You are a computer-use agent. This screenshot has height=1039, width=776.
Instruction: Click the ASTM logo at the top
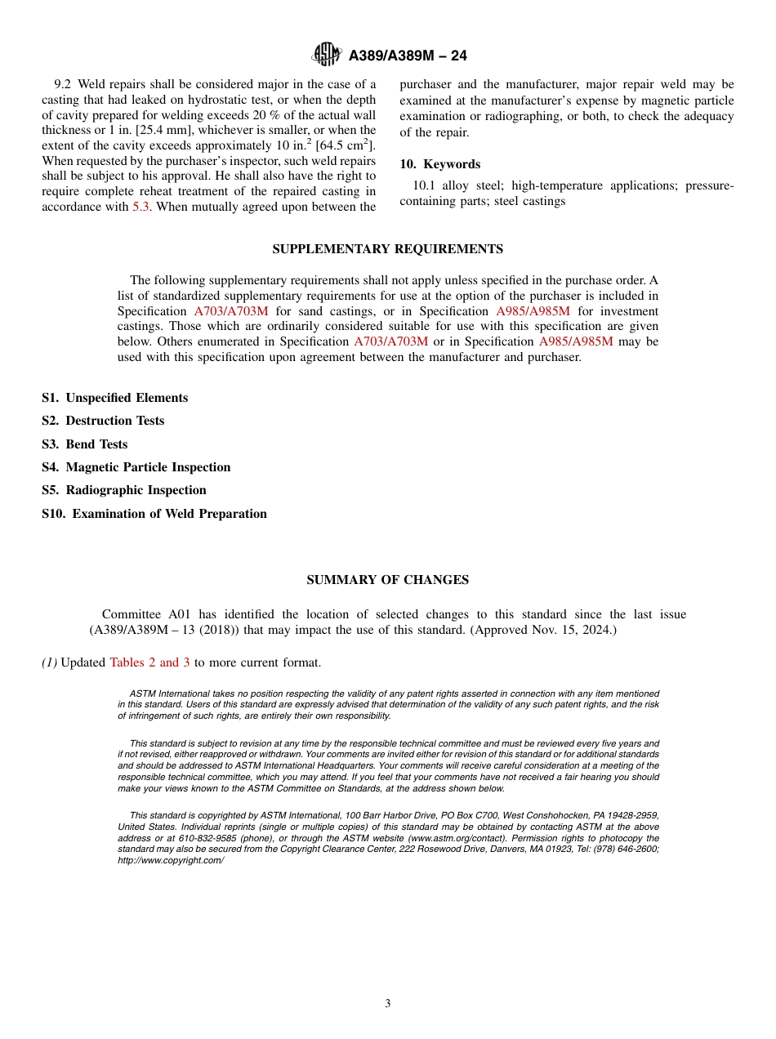click(326, 55)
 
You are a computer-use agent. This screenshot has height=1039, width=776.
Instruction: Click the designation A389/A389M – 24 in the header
click(408, 56)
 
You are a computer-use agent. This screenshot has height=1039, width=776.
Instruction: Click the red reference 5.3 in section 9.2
click(140, 207)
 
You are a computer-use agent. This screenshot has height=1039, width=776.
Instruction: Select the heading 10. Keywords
click(439, 164)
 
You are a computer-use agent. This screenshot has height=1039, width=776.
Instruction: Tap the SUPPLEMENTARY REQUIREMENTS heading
click(387, 249)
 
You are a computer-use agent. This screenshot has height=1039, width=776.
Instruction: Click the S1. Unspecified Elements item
click(115, 398)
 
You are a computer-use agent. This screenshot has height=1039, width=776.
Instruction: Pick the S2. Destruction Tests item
click(103, 421)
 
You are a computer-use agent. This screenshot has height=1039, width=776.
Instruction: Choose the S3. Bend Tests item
click(85, 444)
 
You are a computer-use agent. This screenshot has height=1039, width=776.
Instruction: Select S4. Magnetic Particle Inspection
click(136, 467)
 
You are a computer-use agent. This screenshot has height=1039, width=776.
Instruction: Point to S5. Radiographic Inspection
click(124, 490)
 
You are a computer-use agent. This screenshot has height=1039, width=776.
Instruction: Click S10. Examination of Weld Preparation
click(154, 514)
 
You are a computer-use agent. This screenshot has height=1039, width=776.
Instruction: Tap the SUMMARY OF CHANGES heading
click(387, 580)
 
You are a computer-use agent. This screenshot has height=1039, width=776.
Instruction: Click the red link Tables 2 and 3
click(149, 662)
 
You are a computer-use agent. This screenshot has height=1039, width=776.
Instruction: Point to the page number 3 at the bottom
click(388, 1004)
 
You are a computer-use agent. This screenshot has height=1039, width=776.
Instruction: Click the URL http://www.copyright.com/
click(170, 860)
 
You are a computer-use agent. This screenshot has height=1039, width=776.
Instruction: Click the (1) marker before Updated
click(49, 662)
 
